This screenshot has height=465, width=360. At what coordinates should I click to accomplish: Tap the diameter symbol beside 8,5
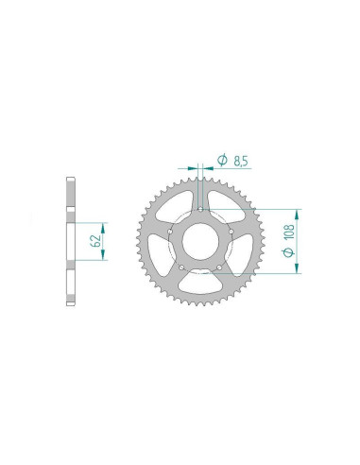pyautogui.click(x=221, y=162)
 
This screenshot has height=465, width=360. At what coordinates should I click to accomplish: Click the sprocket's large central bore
pyautogui.click(x=199, y=240)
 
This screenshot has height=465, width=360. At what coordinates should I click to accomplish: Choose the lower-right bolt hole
pyautogui.click(x=219, y=268)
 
